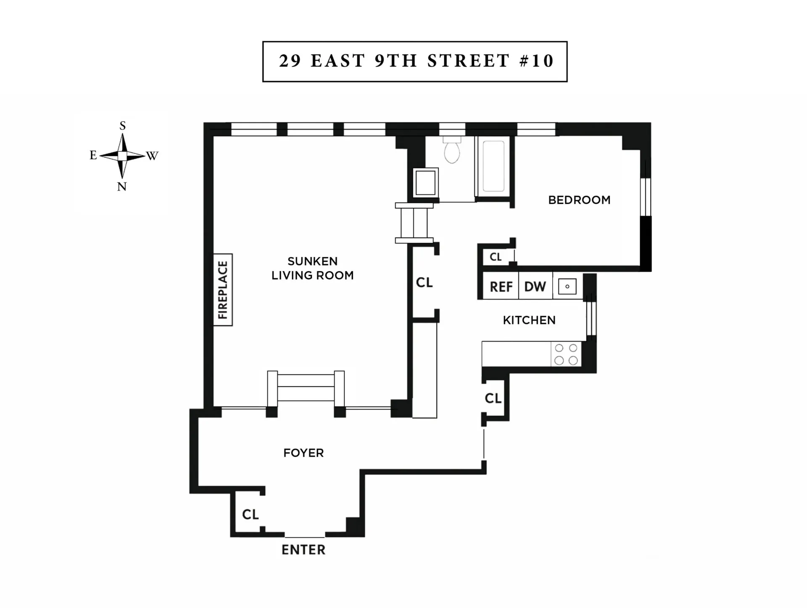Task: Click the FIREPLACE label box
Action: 223,289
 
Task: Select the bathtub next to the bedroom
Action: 493,166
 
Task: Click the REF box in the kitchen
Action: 501,287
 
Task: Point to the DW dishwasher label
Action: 535,287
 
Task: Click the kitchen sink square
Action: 567,287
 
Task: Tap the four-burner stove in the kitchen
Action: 566,354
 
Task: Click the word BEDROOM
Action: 579,200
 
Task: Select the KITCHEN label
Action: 529,320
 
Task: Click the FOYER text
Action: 303,453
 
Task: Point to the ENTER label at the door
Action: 303,550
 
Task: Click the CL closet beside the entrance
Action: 250,514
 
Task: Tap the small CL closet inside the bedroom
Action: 496,257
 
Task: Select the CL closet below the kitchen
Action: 493,398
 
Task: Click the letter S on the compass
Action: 122,125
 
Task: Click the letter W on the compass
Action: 152,156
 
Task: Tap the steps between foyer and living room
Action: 306,387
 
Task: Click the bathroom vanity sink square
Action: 425,182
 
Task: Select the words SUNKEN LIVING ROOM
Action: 312,268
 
